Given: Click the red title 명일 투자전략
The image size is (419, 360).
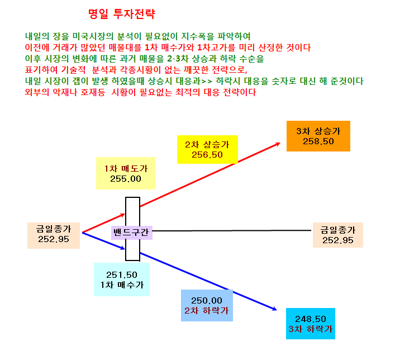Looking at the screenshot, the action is pos(122,13).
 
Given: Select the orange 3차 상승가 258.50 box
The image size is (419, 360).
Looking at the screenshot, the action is pos(318,136).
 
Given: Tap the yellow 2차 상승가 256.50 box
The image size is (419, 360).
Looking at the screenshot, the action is pos(207,149).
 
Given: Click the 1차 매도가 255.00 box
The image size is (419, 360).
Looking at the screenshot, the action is pos(126,173).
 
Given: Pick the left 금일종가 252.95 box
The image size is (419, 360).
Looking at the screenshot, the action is pos(54,236).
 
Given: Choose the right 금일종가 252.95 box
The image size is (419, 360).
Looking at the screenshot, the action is pos(338,235).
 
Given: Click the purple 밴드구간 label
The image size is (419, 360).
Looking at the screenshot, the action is pos(131,233).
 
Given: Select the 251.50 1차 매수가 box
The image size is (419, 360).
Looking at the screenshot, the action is pos(122,280).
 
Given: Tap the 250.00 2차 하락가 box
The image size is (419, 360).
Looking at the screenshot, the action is pos(207,305).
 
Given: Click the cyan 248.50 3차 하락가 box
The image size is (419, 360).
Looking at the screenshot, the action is pos(311,324).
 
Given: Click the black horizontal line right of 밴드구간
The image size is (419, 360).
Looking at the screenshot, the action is pos(232,230).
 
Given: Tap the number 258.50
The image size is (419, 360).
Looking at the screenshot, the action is pos(318,141).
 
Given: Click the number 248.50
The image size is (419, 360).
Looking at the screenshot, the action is pos(311,319).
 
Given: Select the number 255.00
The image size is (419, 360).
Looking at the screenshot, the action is pos(126,179).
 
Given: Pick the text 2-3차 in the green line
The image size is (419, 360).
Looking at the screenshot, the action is pos(178,59).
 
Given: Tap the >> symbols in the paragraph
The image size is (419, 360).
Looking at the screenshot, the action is pos(207,81).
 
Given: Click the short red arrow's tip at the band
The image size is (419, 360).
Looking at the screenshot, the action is pos(125,214).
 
